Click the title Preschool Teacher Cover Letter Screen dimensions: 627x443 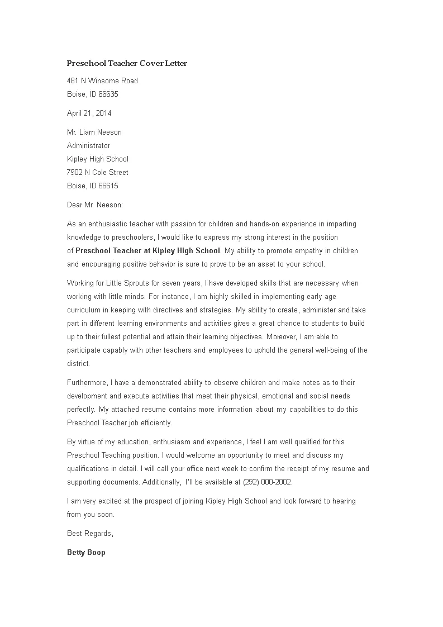pyautogui.click(x=127, y=64)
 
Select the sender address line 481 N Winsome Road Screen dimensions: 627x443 pyautogui.click(x=102, y=80)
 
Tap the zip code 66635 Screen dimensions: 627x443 pyautogui.click(x=108, y=94)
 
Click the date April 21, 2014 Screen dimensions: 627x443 pyautogui.click(x=89, y=113)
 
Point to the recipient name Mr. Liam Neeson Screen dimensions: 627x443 pyautogui.click(x=94, y=132)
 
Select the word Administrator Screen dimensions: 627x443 pyautogui.click(x=89, y=145)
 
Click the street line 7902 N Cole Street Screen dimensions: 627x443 pyautogui.click(x=98, y=172)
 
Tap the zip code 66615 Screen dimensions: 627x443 pyautogui.click(x=108, y=186)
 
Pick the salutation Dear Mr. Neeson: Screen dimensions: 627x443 pyautogui.click(x=95, y=205)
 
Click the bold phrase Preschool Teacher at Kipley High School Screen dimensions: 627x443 pyautogui.click(x=147, y=250)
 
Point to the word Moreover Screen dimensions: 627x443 pyautogui.click(x=282, y=337)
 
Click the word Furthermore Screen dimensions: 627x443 pyautogui.click(x=87, y=383)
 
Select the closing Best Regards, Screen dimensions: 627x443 pyautogui.click(x=90, y=533)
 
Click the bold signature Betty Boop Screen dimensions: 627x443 pyautogui.click(x=86, y=553)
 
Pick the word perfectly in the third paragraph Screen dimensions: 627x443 pyautogui.click(x=80, y=409)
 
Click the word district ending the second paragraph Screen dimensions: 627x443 pyautogui.click(x=78, y=364)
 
